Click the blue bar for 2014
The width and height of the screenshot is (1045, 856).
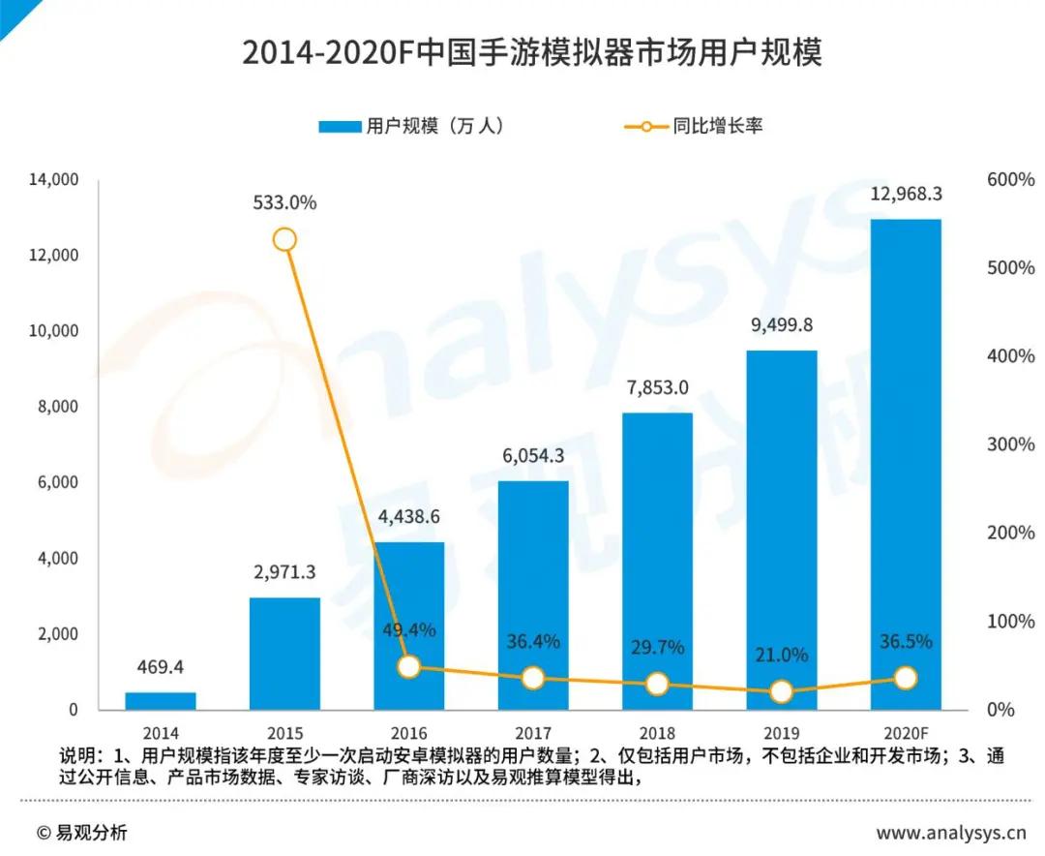point(160,701)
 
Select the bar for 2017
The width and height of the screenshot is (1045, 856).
point(533,595)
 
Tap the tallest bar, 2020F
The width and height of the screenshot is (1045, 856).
point(906,465)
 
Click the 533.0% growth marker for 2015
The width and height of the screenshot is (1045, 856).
point(284,239)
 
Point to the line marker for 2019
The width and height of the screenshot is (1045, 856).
point(781,691)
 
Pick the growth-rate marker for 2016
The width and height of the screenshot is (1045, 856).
point(409,666)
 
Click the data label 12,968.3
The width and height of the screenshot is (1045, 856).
point(906,194)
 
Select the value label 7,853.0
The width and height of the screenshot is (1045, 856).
point(656,387)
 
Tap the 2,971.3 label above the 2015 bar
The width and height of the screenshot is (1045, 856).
point(284,572)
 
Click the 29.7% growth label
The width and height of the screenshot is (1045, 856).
point(657,646)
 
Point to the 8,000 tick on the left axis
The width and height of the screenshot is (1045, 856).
point(57,407)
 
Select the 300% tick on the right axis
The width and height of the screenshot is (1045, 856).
point(1009,444)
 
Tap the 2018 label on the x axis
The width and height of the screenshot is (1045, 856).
point(656,733)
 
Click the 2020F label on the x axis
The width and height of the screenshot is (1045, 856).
point(906,733)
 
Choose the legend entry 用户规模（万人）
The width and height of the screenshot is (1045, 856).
point(411,126)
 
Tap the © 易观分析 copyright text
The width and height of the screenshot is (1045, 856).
point(81,833)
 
